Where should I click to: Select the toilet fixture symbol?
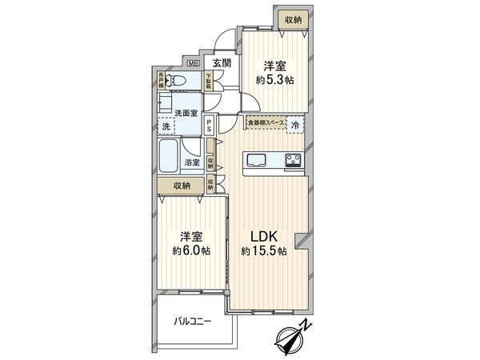[178, 81]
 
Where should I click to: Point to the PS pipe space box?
[209, 126]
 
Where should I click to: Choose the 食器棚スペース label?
[265, 122]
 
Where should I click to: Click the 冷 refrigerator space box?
[294, 126]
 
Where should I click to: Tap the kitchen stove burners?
[291, 159]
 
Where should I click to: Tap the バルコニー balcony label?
[193, 322]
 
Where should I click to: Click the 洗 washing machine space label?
[166, 126]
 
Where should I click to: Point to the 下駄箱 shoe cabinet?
[208, 82]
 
